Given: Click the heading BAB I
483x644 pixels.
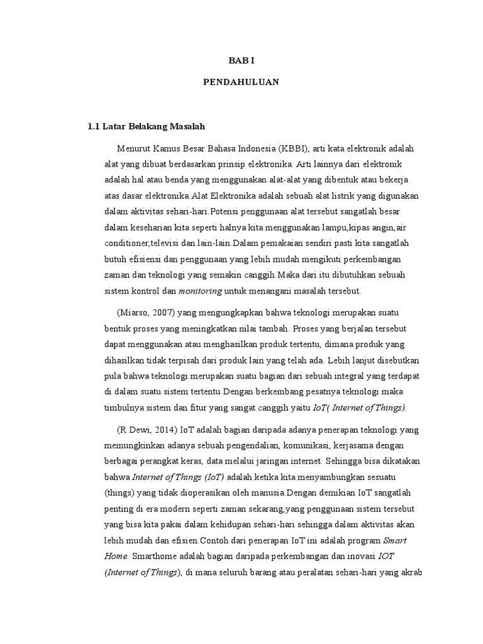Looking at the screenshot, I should tap(241, 60).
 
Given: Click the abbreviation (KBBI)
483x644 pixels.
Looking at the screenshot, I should tap(292, 148).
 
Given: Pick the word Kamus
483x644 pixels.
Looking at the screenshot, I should tap(167, 148).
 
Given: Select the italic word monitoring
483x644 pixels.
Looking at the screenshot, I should tap(200, 291).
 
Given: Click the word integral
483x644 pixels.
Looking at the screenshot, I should tap(348, 375).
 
